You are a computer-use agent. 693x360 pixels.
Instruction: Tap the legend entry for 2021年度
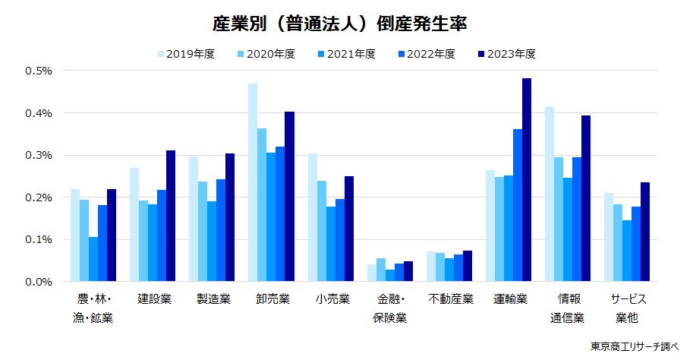[x=348, y=54]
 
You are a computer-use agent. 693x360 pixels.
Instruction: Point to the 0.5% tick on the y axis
[x=39, y=71]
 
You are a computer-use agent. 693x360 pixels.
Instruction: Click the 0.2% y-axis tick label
[x=39, y=197]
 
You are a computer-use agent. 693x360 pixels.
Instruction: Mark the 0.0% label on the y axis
[x=39, y=282]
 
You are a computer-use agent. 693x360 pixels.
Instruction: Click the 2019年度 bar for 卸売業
[x=253, y=182]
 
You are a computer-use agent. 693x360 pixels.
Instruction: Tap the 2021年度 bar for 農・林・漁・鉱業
[x=93, y=259]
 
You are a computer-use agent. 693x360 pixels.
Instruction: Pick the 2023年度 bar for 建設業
[x=171, y=216]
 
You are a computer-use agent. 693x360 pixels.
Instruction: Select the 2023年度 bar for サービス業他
[x=645, y=232]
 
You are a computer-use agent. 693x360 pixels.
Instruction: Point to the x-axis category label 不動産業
[x=449, y=298]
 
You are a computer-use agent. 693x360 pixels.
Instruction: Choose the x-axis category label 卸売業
[x=271, y=298]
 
